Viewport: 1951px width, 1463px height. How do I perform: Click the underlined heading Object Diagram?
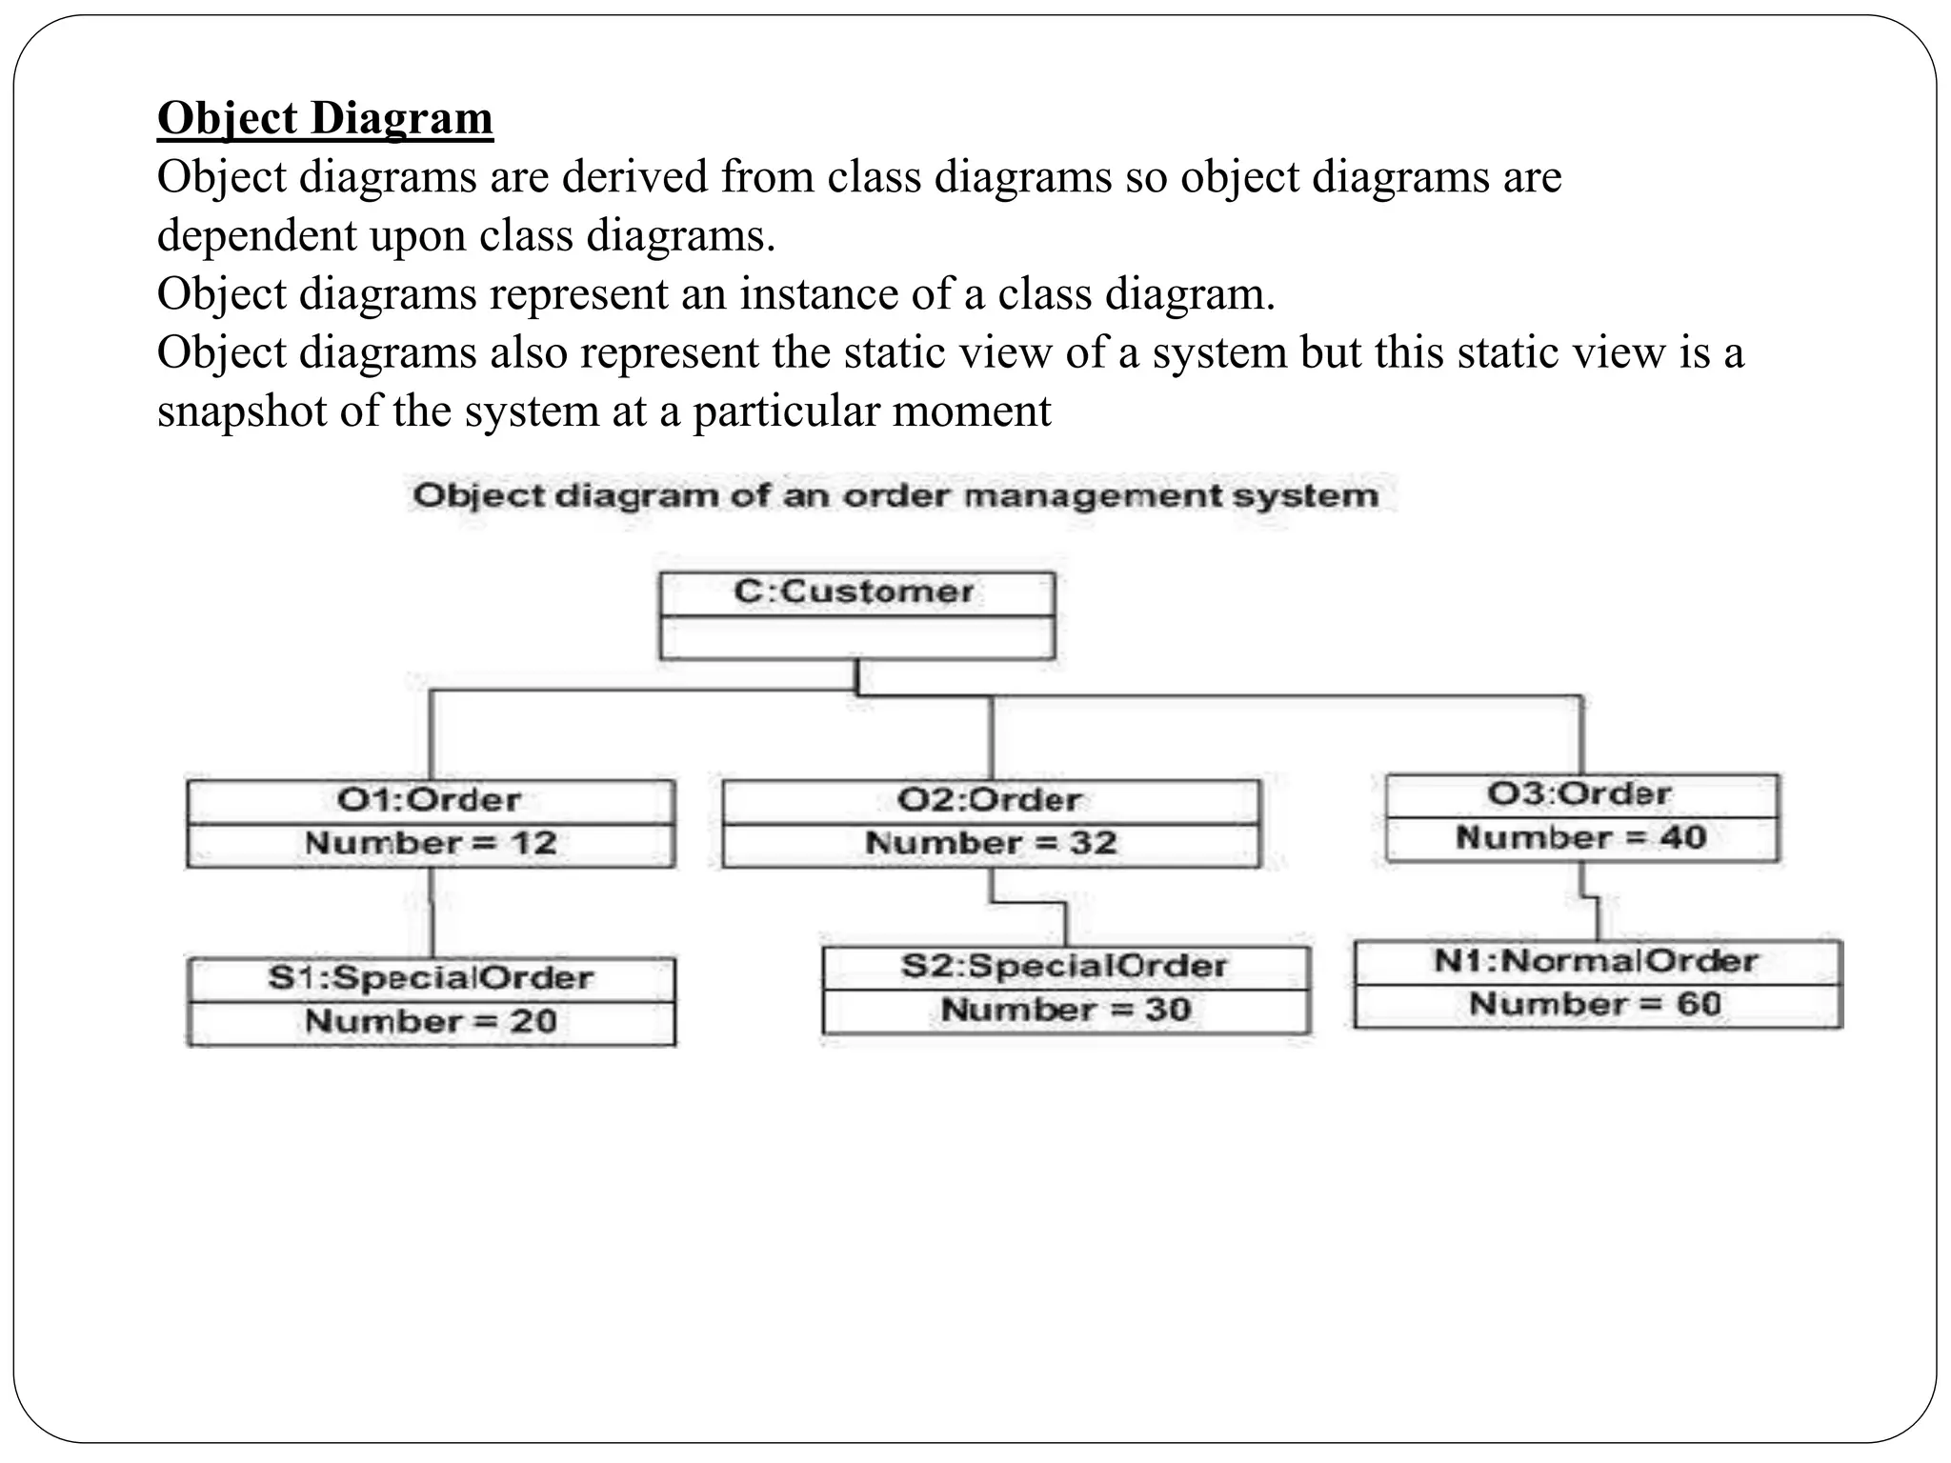point(325,118)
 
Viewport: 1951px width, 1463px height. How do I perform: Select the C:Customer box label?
point(855,591)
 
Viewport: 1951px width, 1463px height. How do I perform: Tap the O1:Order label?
point(430,799)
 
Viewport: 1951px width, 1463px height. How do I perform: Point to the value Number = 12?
point(431,843)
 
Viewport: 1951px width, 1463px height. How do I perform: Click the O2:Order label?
point(990,799)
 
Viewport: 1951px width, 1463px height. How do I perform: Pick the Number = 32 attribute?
point(991,843)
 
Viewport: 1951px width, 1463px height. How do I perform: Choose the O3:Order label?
point(1579,793)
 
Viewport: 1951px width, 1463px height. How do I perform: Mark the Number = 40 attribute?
point(1581,837)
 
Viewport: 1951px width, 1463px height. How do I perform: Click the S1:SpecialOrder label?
point(431,977)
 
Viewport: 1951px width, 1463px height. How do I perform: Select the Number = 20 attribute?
point(431,1021)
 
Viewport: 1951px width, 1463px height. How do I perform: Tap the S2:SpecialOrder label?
point(1065,966)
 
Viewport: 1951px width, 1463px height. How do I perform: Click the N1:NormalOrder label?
point(1597,960)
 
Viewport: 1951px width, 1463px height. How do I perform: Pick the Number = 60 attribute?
point(1596,1004)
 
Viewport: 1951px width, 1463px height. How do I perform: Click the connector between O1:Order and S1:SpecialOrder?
point(432,912)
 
